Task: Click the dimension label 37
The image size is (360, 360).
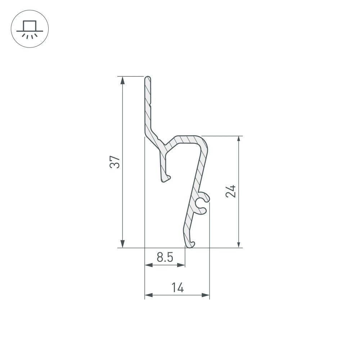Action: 115,162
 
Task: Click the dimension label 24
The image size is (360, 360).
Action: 231,191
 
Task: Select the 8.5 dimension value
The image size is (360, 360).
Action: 165,257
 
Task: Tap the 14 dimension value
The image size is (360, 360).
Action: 177,288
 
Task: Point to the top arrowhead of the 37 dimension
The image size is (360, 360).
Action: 123,80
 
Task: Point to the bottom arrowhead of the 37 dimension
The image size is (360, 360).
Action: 123,244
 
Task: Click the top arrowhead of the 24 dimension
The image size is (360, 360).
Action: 239,140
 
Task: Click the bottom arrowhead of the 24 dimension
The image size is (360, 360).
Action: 239,244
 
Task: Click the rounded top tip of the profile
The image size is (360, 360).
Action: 148,78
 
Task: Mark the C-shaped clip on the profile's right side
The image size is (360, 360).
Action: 202,203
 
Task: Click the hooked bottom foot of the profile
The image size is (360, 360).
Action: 189,244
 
